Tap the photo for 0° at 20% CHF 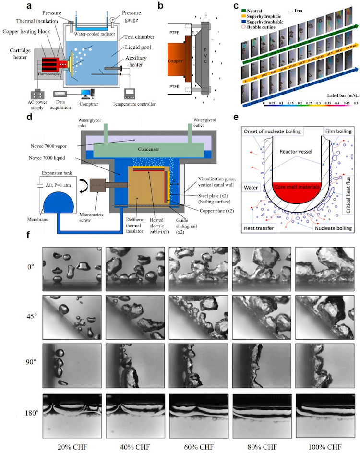(x=72, y=267)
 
